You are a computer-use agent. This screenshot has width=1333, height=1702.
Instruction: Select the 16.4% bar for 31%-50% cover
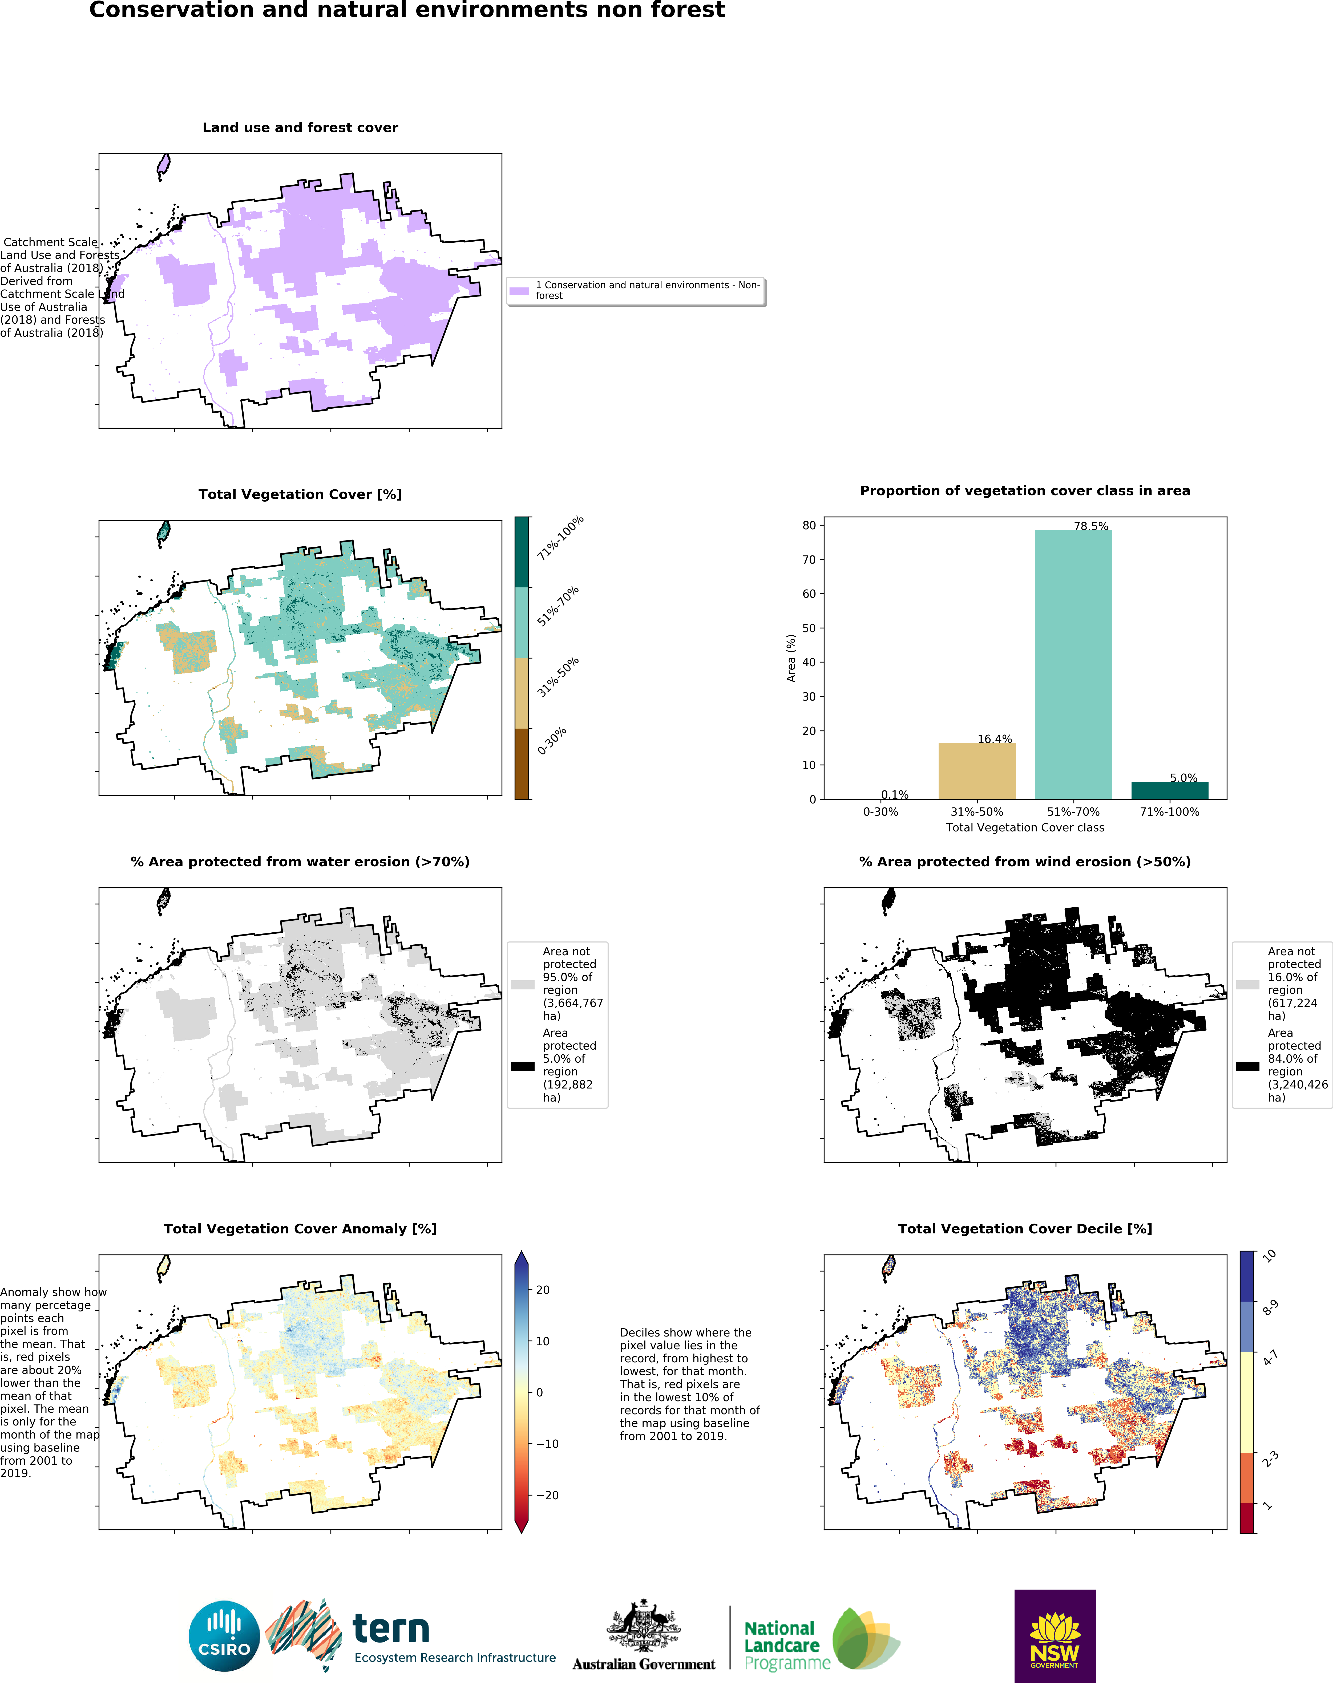(976, 771)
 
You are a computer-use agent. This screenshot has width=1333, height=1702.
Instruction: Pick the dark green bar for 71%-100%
(1169, 790)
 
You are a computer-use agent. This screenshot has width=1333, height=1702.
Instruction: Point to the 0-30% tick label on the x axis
(880, 812)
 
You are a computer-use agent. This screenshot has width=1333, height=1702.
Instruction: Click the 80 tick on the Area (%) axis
(809, 526)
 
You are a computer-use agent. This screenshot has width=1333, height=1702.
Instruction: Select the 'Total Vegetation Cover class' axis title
(1025, 828)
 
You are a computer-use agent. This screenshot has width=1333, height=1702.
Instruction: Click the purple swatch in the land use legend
(519, 291)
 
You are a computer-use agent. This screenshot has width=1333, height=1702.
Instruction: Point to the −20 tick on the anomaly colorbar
(546, 1495)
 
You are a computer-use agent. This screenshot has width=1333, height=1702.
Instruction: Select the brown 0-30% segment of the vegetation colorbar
(521, 764)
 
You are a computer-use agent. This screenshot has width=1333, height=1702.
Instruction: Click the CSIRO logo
(224, 1636)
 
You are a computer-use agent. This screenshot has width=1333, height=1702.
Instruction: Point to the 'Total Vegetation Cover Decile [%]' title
(1025, 1229)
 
